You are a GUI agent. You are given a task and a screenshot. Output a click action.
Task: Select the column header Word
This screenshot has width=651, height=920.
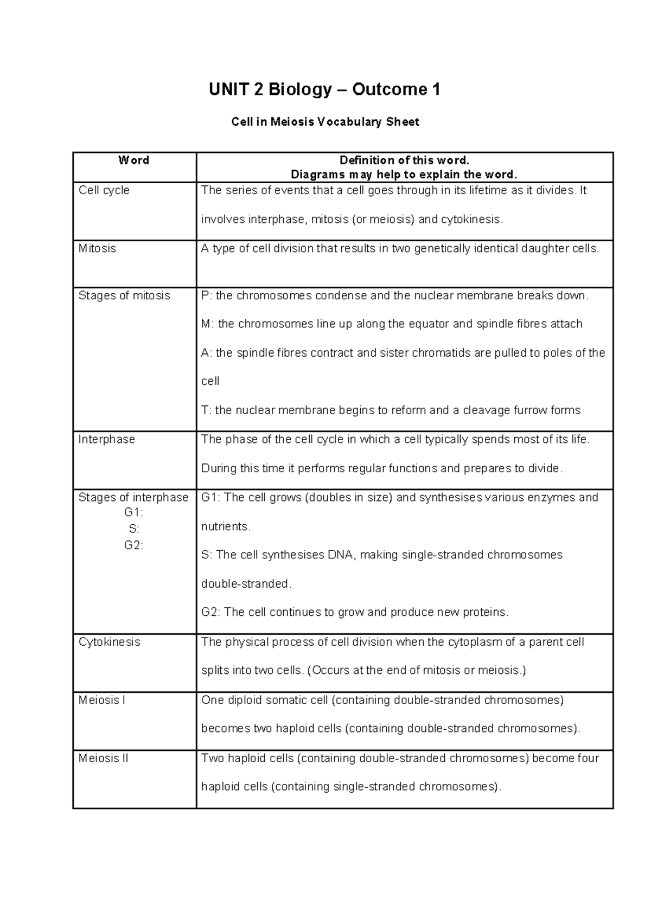[133, 160]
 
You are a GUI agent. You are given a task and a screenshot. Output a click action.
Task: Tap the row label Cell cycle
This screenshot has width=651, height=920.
[104, 190]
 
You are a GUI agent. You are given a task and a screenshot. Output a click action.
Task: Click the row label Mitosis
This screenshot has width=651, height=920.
[97, 248]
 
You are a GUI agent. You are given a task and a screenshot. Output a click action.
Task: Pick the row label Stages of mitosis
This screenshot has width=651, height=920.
[124, 295]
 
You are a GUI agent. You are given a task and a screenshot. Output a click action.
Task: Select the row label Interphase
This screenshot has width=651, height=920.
[106, 439]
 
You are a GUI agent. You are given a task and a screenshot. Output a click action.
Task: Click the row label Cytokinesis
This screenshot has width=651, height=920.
[109, 642]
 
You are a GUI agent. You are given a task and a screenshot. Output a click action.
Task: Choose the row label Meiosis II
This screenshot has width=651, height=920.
[103, 758]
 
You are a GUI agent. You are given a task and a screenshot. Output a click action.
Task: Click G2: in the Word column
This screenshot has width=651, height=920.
[133, 545]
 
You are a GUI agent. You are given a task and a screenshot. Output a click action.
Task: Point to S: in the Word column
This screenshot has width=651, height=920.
[133, 529]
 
